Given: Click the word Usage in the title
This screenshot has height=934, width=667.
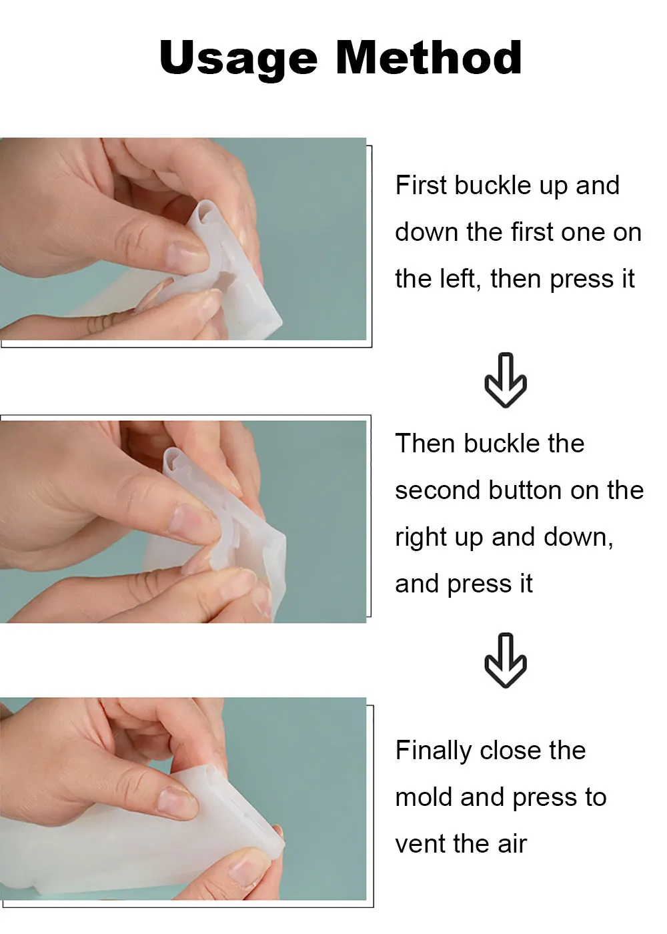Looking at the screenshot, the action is (x=238, y=59).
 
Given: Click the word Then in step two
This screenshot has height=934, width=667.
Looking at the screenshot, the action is (x=425, y=443).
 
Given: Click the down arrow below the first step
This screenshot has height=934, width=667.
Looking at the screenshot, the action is (x=506, y=380).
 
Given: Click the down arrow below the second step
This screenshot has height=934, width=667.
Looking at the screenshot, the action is (x=506, y=660).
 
